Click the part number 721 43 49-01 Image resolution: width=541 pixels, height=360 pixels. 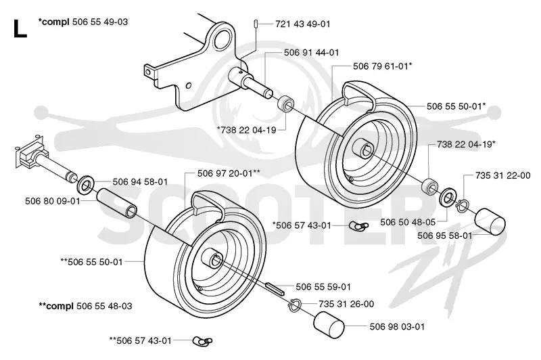[302, 24]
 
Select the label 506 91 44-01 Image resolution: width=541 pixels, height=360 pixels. [311, 53]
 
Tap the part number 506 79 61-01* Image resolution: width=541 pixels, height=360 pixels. [382, 66]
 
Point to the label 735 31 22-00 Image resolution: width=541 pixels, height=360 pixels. [502, 175]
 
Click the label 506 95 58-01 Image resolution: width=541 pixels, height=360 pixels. [445, 235]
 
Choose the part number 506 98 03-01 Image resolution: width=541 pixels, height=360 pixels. [397, 327]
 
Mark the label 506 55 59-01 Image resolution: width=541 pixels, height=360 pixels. [323, 287]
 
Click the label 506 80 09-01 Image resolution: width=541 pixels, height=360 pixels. [53, 201]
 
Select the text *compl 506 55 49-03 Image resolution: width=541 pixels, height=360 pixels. [83, 22]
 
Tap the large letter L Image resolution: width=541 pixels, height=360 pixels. [20, 29]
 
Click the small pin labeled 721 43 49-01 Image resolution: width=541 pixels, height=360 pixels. [256, 24]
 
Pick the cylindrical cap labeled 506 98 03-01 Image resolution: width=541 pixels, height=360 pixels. [329, 324]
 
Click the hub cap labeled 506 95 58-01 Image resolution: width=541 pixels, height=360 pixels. [490, 222]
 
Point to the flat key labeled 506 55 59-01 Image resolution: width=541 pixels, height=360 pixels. [275, 288]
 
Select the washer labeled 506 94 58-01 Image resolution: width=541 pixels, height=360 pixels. [85, 185]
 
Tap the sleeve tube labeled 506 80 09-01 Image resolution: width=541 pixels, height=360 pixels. [116, 203]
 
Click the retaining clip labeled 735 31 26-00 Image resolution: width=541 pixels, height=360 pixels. [295, 305]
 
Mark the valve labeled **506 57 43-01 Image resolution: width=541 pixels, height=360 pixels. [202, 341]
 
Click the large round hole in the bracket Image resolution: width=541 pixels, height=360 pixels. [222, 39]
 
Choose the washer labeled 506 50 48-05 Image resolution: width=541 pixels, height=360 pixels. [448, 197]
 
